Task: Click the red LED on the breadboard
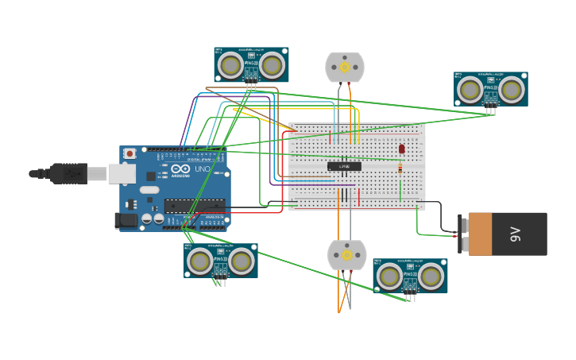coord(401,149)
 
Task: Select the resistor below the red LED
coord(400,168)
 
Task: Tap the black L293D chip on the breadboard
coord(344,166)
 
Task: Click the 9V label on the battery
coord(515,234)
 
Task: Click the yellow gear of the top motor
coord(345,68)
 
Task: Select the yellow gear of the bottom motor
coord(346,255)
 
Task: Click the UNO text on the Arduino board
coord(202,169)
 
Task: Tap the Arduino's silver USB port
coord(122,173)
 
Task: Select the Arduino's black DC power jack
coord(126,220)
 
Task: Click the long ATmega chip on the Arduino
coord(194,207)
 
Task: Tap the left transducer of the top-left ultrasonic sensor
coord(231,65)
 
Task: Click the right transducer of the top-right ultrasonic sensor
coord(512,91)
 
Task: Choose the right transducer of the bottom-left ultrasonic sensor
coord(241,261)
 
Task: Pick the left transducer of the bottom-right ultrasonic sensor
coord(389,277)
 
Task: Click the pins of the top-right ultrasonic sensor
coord(491,110)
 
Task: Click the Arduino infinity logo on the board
coord(181,169)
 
